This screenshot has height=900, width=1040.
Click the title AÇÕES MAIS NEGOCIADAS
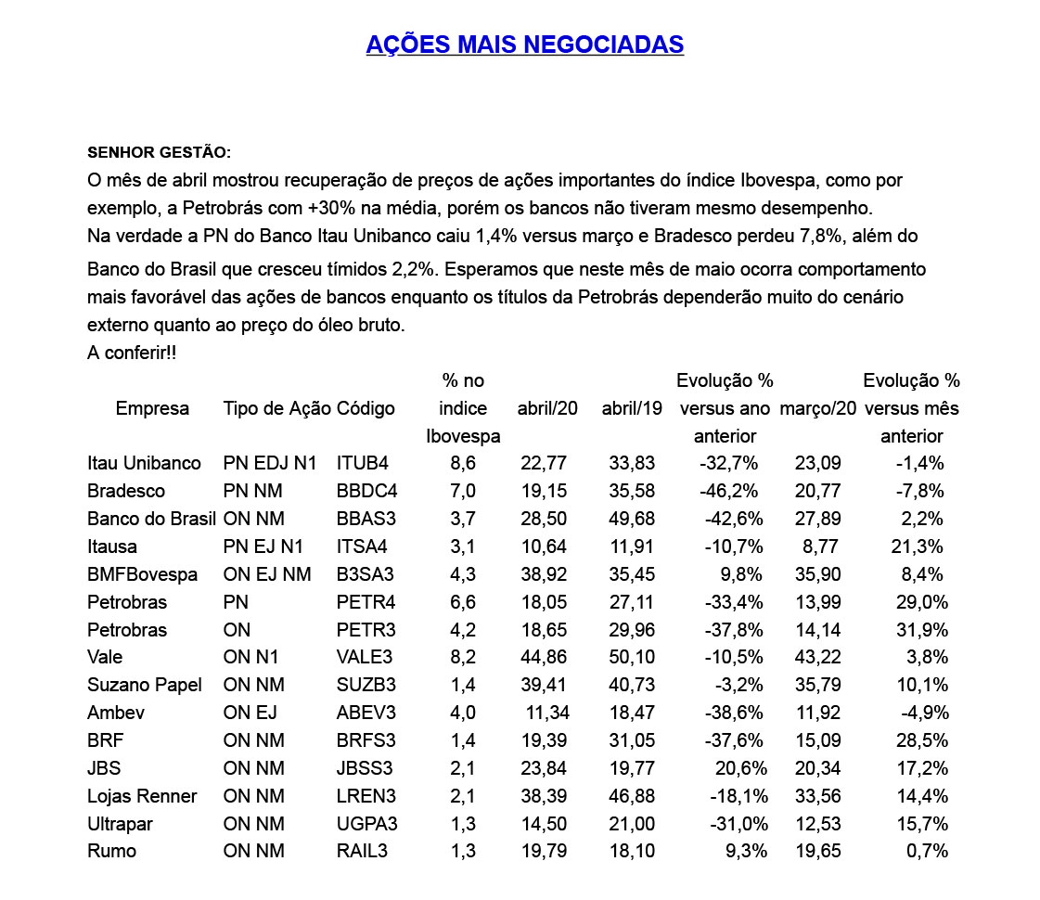click(524, 45)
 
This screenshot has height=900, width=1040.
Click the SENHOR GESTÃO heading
click(159, 152)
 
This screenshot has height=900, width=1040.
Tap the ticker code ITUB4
click(363, 463)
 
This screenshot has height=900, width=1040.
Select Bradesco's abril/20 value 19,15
click(547, 491)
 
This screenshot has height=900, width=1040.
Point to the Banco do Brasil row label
click(151, 519)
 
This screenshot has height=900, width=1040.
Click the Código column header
click(366, 408)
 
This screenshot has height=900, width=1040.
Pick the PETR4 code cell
click(364, 602)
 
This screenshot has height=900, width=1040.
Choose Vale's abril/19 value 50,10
click(632, 657)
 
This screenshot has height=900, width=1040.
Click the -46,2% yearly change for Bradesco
click(729, 491)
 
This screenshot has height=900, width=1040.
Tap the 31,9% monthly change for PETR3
click(920, 630)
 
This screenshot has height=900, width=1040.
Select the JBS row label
click(104, 768)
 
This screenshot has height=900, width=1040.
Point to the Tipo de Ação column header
click(276, 408)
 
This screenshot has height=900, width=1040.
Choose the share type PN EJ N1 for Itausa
click(263, 546)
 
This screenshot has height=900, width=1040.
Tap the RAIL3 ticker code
click(363, 852)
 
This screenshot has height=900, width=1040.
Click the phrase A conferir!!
click(132, 354)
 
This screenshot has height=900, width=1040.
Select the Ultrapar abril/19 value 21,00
click(632, 824)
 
